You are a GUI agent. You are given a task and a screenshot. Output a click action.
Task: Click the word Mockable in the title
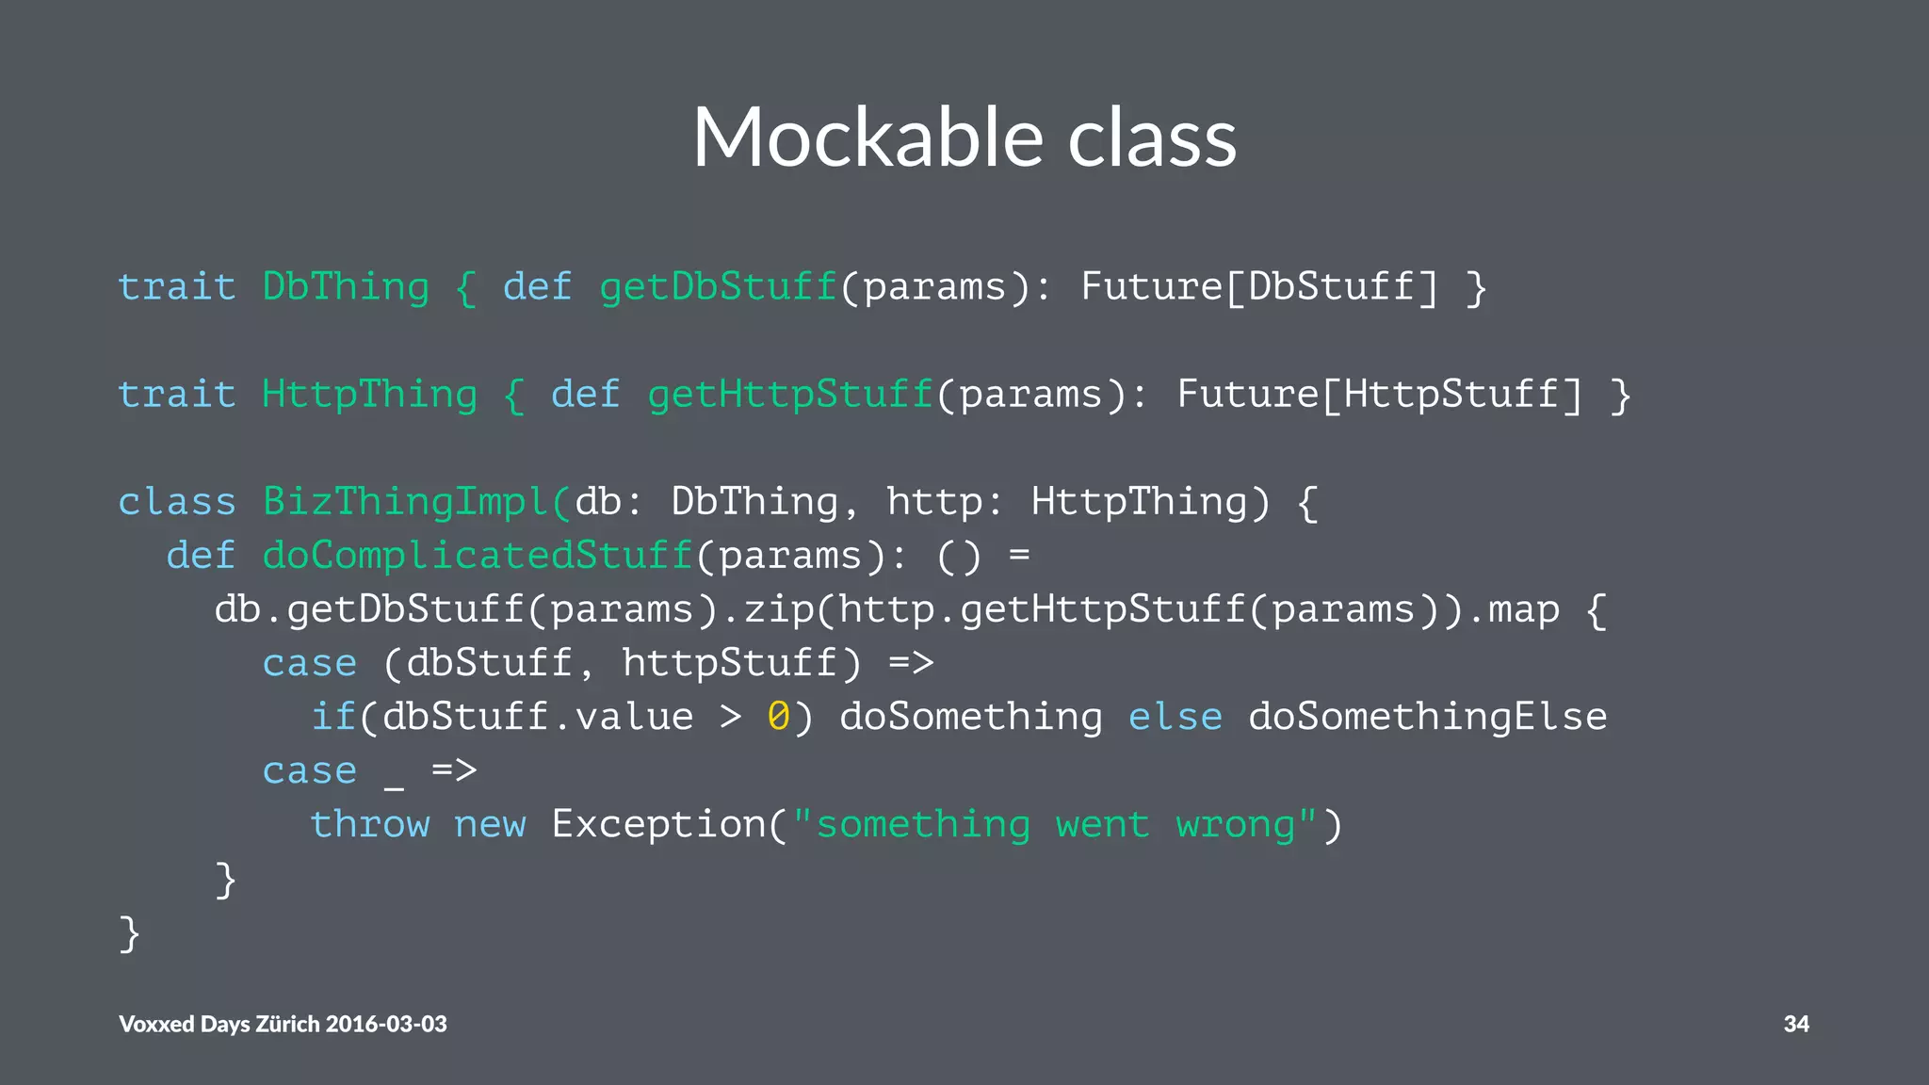pyautogui.click(x=867, y=138)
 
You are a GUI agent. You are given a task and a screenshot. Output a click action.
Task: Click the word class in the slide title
pyautogui.click(x=1152, y=138)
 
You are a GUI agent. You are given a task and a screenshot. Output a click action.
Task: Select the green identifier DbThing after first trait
pyautogui.click(x=345, y=286)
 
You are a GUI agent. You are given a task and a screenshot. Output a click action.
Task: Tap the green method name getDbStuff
pyautogui.click(x=718, y=286)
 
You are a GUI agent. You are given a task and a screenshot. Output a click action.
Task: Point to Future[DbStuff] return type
pyautogui.click(x=1259, y=286)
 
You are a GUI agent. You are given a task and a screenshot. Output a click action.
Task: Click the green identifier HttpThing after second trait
pyautogui.click(x=369, y=394)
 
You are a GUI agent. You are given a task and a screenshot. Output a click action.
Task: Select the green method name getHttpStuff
pyautogui.click(x=789, y=394)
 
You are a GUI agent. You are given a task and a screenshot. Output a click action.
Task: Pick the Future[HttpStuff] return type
pyautogui.click(x=1380, y=394)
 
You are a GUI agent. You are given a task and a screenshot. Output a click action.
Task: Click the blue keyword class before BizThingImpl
pyautogui.click(x=177, y=501)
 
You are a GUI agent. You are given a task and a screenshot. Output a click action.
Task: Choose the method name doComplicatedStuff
pyautogui.click(x=478, y=556)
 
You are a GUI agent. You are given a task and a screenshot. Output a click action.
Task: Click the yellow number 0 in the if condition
pyautogui.click(x=778, y=717)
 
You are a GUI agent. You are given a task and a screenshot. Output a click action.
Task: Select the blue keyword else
pyautogui.click(x=1175, y=717)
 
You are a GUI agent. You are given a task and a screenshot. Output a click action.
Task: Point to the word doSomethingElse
pyautogui.click(x=1427, y=717)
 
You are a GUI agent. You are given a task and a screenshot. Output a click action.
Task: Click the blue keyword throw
pyautogui.click(x=369, y=824)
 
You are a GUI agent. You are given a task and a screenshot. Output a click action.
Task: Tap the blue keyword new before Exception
pyautogui.click(x=490, y=824)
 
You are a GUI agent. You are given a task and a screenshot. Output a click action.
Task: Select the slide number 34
pyautogui.click(x=1795, y=1024)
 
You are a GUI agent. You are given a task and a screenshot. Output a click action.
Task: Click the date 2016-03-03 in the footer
pyautogui.click(x=385, y=1024)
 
